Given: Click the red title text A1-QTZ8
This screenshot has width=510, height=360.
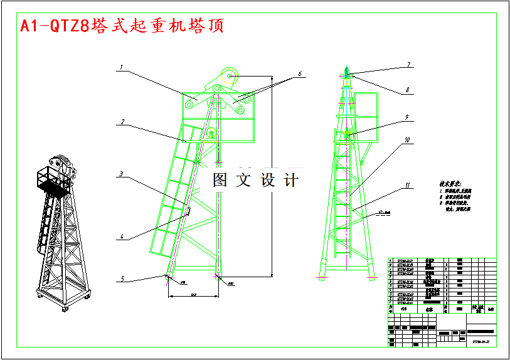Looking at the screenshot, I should point(55,26).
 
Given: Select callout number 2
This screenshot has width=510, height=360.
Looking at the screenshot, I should point(123,122).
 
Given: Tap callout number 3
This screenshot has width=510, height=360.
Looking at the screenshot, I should point(121,174).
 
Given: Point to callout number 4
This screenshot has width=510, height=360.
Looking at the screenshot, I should point(122,237).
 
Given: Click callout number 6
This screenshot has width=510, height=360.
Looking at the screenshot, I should point(300,73).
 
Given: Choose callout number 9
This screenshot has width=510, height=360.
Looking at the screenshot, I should point(407,117).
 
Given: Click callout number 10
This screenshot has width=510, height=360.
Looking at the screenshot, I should point(408,140).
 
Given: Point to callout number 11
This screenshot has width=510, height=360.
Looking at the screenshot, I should point(408,186).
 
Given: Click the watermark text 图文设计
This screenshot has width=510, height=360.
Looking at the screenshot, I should point(255,180).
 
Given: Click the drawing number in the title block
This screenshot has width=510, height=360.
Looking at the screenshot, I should point(481,342).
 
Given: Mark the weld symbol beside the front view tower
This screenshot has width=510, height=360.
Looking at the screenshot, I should point(381,214).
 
